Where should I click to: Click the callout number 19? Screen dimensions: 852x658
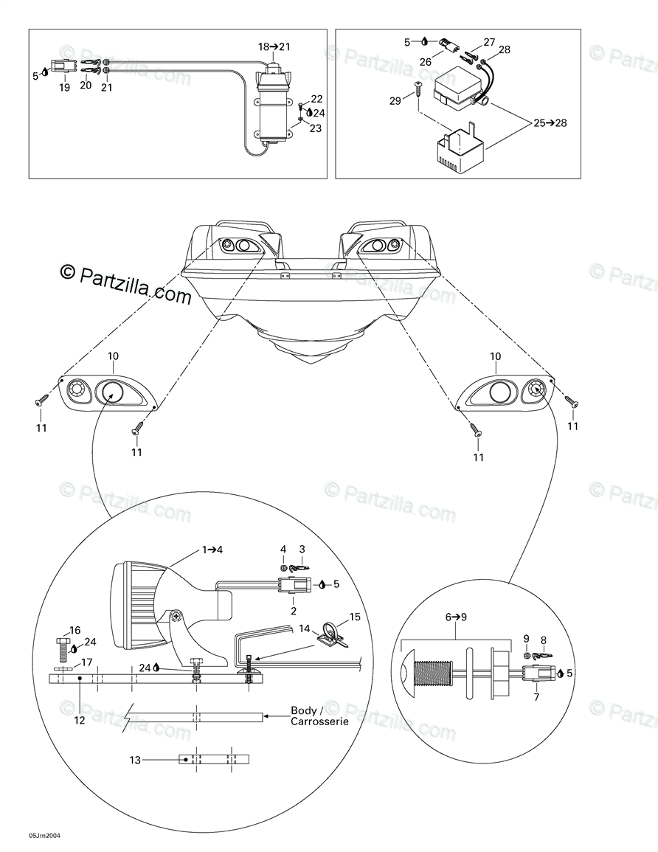(64, 88)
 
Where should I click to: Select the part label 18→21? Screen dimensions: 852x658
(274, 46)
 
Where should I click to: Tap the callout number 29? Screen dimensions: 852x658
(395, 100)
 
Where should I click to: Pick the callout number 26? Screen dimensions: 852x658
(426, 62)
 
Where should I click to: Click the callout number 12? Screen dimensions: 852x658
(80, 720)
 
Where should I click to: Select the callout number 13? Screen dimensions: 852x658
(134, 758)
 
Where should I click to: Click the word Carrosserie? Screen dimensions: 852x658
(319, 722)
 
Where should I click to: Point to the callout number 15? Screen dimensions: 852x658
(355, 616)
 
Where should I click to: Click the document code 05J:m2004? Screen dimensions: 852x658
(44, 835)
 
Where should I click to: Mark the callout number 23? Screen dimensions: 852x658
(315, 128)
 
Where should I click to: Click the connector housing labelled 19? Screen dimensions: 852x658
(60, 66)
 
